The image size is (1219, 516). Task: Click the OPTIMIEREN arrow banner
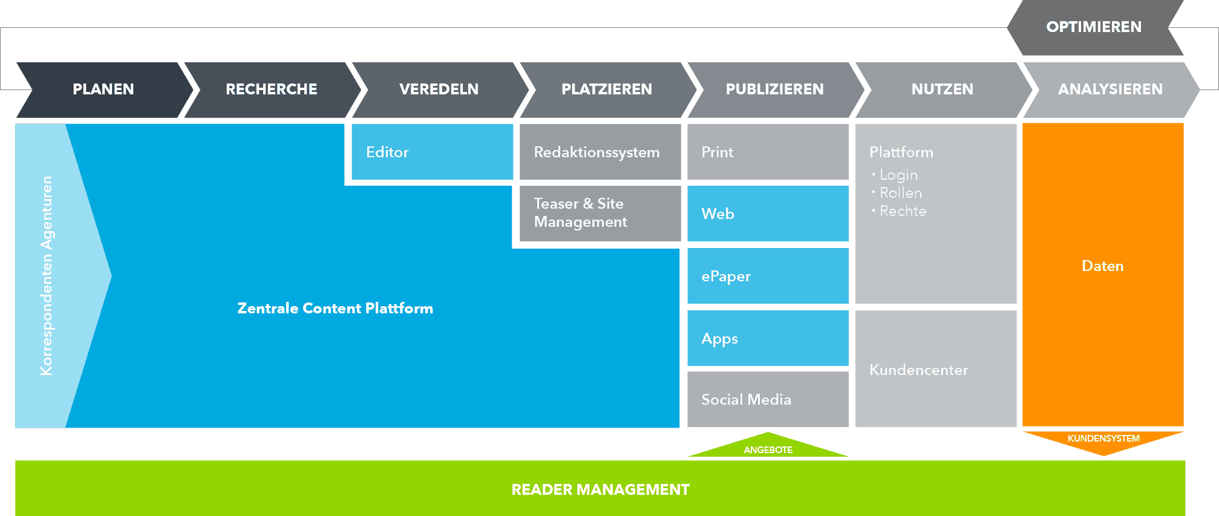tap(1094, 27)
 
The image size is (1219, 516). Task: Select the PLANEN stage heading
tap(103, 90)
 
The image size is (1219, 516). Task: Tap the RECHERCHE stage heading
tap(271, 90)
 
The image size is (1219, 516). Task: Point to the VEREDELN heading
tap(439, 90)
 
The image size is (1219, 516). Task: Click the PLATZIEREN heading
tap(607, 90)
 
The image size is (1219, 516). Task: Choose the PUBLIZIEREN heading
tap(774, 90)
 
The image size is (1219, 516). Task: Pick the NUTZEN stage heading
tap(942, 90)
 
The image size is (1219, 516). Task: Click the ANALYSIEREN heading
tap(1110, 90)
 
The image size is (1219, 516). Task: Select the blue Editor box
tap(432, 152)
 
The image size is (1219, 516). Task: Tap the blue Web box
tap(768, 214)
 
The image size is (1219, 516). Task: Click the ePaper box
tap(768, 276)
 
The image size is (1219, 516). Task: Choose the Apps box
tap(768, 338)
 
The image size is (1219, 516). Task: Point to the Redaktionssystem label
tap(596, 152)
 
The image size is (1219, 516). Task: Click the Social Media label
tap(746, 399)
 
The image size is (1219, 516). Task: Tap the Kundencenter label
tap(918, 370)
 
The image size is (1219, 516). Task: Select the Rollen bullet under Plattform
tap(900, 193)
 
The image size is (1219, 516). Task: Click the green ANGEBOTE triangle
tap(768, 448)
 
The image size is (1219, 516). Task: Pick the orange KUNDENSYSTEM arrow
tap(1103, 440)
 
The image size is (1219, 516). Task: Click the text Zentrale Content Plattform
tap(335, 309)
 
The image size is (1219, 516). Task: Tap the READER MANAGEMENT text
tap(600, 489)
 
